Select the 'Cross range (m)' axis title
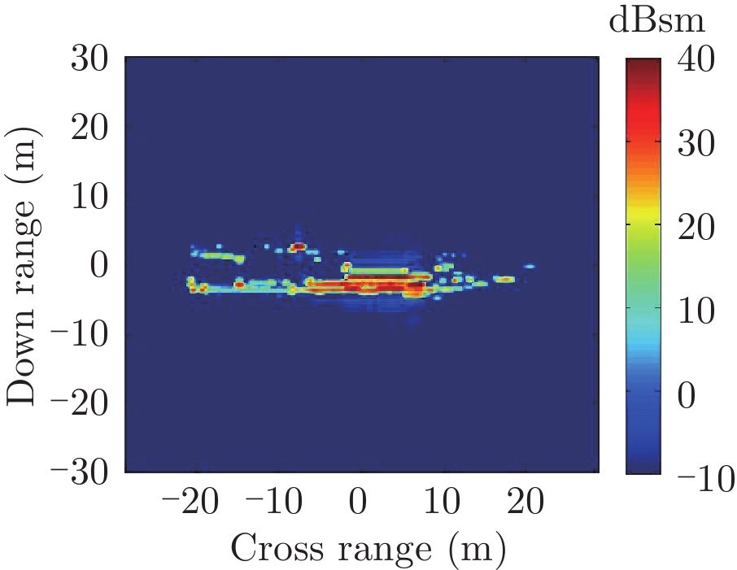click(x=368, y=549)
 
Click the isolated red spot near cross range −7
click(x=298, y=246)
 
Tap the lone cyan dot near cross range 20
click(x=530, y=266)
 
